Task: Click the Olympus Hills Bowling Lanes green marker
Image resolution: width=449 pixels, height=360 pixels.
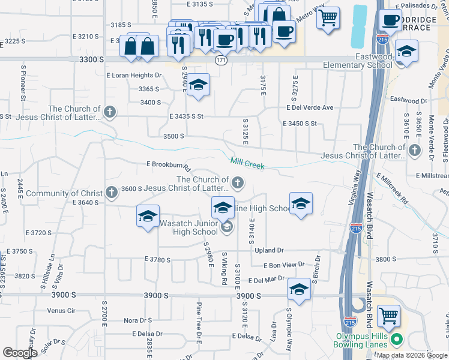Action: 396,340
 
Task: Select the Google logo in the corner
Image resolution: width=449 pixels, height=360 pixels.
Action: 20,353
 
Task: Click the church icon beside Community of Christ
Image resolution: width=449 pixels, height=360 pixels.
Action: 110,193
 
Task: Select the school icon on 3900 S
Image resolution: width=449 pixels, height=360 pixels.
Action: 298,290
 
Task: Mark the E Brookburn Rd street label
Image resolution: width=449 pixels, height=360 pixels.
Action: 168,165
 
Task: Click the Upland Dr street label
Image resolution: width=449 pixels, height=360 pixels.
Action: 268,250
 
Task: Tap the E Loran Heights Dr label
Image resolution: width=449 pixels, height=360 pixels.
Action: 134,76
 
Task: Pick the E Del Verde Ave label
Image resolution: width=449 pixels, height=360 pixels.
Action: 309,108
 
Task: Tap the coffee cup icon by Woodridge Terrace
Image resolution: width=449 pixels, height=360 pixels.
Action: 390,19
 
